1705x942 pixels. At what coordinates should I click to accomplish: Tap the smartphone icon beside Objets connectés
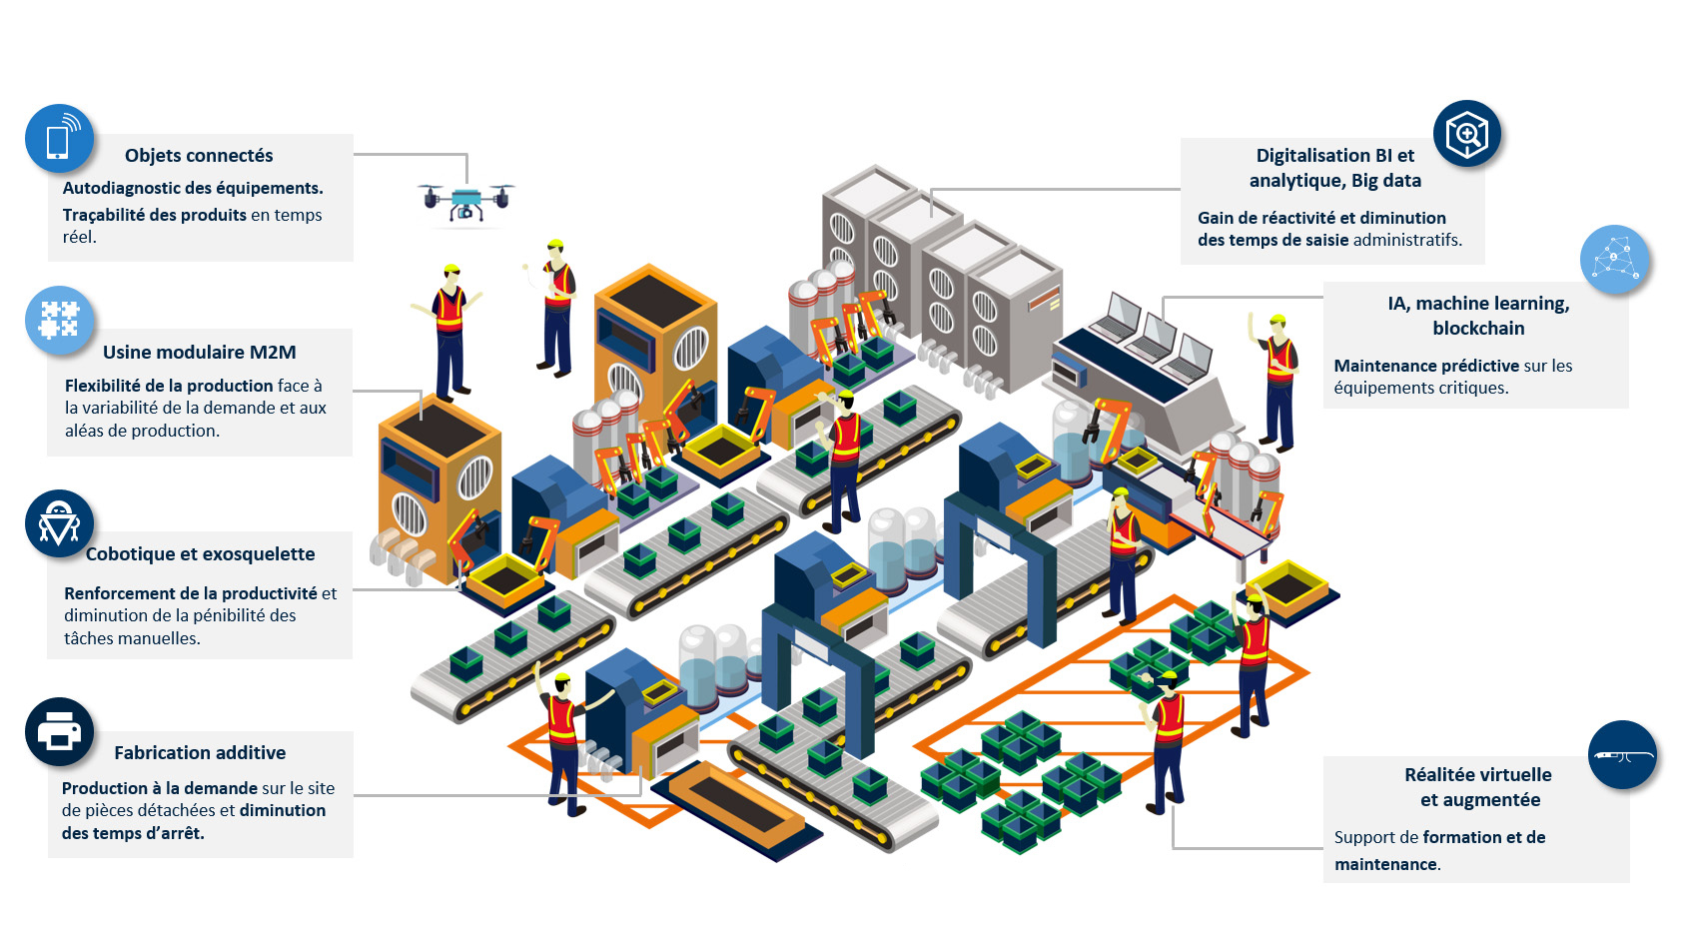pos(59,139)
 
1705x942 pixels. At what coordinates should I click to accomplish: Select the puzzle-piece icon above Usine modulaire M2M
pos(59,320)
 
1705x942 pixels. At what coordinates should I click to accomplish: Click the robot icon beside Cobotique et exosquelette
pos(59,523)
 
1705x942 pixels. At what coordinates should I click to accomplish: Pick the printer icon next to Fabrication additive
pos(59,732)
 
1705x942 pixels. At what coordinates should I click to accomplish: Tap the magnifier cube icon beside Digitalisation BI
pos(1466,134)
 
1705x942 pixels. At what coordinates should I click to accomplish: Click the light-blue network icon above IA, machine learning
pos(1614,259)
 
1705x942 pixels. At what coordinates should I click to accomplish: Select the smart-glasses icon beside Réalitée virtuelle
pos(1622,754)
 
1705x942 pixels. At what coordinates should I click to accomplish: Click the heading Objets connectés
pos(199,156)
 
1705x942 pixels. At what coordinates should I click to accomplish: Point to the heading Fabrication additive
pos(200,752)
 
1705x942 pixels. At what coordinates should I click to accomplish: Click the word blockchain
pos(1478,329)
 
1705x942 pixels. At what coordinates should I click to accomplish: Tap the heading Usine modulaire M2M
pos(200,352)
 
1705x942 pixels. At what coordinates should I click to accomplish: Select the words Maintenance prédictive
pos(1426,366)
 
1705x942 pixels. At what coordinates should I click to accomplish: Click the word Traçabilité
pos(104,215)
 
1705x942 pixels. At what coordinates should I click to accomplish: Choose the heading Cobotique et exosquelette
pos(200,553)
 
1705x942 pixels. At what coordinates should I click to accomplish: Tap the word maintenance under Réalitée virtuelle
pos(1385,864)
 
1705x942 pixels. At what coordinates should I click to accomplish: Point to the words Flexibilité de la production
pos(169,386)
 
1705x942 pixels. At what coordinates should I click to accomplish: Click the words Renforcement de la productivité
pos(191,593)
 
